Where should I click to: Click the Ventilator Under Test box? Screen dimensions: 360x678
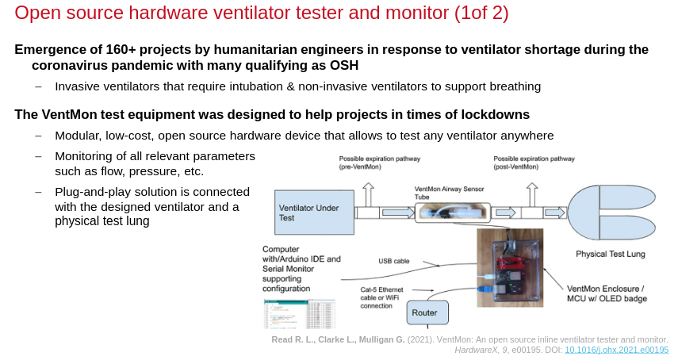[314, 212]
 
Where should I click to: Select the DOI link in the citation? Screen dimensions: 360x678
[616, 350]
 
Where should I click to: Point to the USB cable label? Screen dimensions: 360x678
[394, 261]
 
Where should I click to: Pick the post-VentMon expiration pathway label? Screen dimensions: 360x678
[533, 163]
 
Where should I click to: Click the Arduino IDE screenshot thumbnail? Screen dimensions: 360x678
[299, 314]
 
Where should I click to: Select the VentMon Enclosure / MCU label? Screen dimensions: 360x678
[607, 293]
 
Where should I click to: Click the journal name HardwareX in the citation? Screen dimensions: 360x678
[477, 350]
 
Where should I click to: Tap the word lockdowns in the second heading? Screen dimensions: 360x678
[492, 114]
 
